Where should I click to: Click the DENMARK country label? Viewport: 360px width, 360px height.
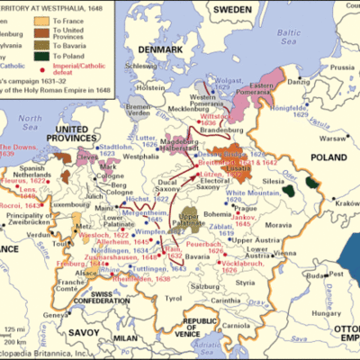tap(167, 45)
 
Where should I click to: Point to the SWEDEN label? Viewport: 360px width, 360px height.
tap(233, 9)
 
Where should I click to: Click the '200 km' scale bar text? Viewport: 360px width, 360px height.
tap(19, 344)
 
